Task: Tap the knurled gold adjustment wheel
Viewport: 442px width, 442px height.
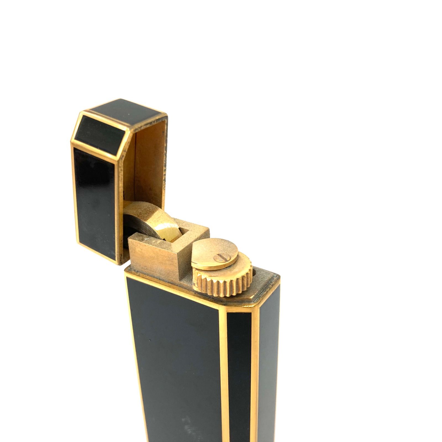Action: [227, 282]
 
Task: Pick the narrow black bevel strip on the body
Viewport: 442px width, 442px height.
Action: [239, 373]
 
